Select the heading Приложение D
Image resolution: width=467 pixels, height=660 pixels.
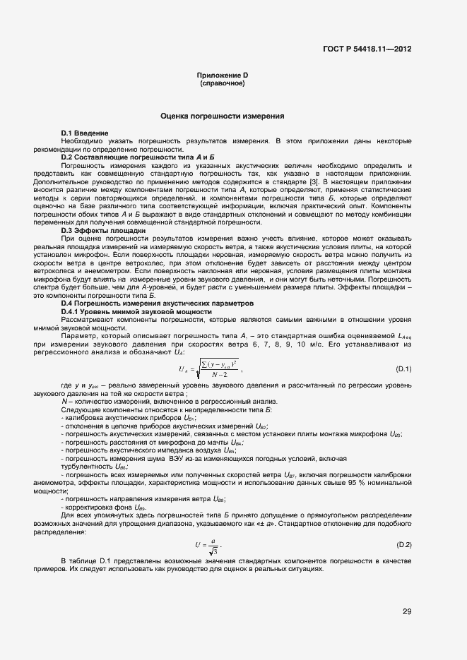(223, 76)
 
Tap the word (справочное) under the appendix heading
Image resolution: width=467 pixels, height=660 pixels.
(223, 83)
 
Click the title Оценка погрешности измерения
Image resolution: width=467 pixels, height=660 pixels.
(223, 115)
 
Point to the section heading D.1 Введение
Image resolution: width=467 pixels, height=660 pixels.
(85, 133)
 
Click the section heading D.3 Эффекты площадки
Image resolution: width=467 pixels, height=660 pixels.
(103, 231)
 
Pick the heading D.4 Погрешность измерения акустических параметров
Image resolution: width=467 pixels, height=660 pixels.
(156, 303)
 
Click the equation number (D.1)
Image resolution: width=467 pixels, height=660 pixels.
(403, 369)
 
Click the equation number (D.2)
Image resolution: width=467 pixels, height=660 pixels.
(403, 544)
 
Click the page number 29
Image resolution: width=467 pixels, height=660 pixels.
(406, 611)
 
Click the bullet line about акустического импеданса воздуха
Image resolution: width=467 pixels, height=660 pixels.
(149, 450)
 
